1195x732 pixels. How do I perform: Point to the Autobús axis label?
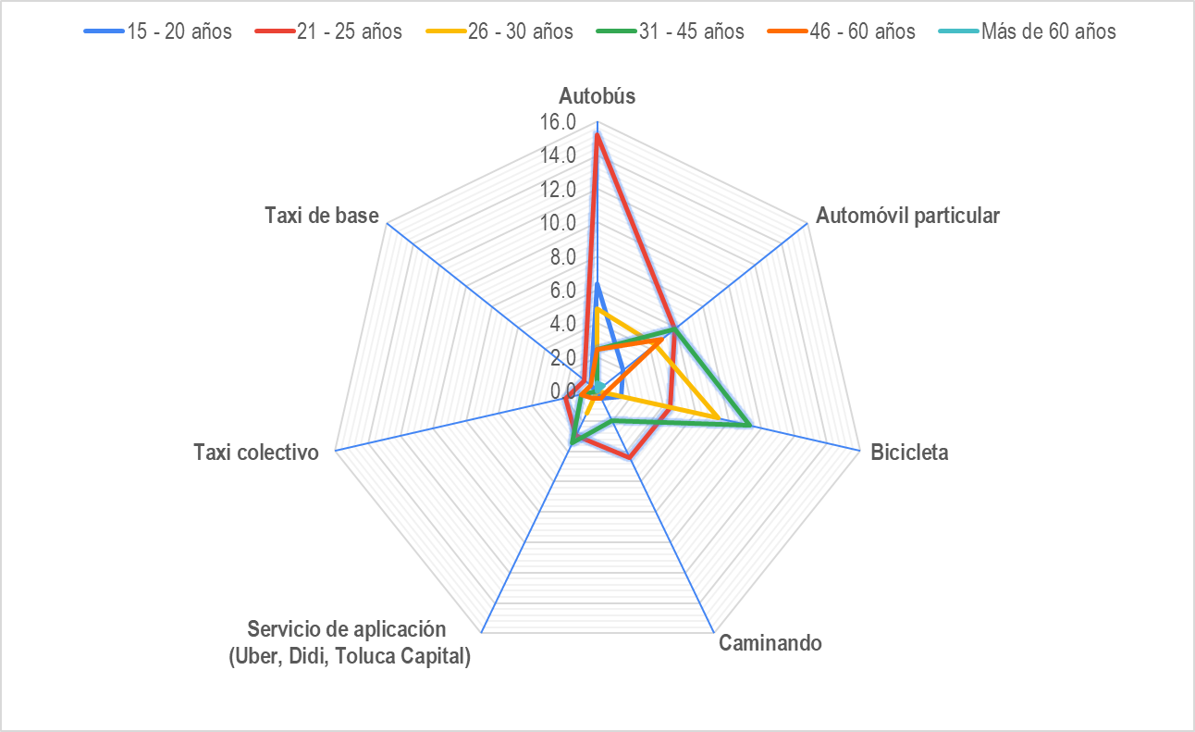point(597,96)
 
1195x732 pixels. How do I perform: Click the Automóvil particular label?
point(907,217)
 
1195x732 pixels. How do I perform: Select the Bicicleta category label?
point(909,453)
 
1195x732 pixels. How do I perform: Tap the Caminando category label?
point(770,643)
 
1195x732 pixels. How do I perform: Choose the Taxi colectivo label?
point(256,453)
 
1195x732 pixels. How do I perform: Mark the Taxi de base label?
point(322,216)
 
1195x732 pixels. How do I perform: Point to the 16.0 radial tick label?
point(558,122)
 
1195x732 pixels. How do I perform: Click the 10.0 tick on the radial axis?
point(558,223)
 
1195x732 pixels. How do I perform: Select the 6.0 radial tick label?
point(562,291)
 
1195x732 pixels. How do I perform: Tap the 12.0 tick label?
point(558,190)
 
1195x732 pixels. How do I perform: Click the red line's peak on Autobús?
point(597,135)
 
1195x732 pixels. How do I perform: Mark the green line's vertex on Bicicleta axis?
point(750,427)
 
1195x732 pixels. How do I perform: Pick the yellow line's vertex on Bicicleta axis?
point(719,418)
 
